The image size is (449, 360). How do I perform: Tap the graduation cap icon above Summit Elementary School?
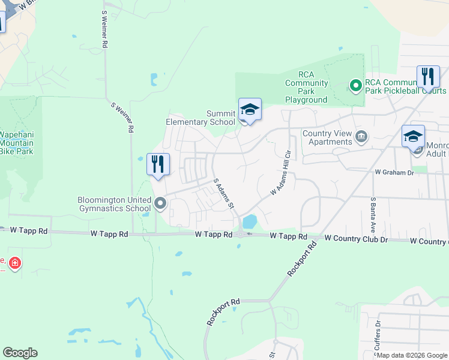tap(250, 110)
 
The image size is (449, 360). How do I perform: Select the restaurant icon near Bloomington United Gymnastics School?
tap(158, 164)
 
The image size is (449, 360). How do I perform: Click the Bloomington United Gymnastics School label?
tap(113, 204)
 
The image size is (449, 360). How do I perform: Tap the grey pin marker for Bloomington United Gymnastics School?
tap(160, 204)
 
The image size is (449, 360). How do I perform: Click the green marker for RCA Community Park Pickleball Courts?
tap(355, 86)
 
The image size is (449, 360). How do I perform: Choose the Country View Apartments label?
tap(327, 137)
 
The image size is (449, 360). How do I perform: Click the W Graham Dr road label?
tap(394, 172)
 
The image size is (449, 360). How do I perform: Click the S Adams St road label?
tap(223, 193)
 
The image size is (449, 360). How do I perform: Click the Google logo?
tap(20, 353)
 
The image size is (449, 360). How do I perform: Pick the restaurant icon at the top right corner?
tap(428, 77)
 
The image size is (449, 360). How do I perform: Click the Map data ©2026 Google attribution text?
tap(412, 355)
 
